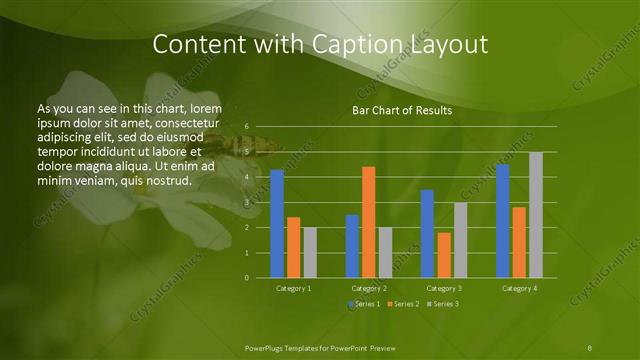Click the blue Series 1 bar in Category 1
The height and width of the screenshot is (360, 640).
pyautogui.click(x=277, y=224)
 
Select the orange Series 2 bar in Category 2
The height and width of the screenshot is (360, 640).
pyautogui.click(x=369, y=222)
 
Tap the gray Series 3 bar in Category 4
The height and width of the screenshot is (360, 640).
pyautogui.click(x=536, y=215)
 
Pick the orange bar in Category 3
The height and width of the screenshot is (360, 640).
pyautogui.click(x=444, y=255)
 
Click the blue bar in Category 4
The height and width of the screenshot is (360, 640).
pyautogui.click(x=502, y=221)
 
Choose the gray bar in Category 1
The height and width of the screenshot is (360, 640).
pyautogui.click(x=310, y=253)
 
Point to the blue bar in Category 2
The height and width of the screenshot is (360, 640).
pyautogui.click(x=352, y=246)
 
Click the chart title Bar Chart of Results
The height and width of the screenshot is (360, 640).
pyautogui.click(x=402, y=110)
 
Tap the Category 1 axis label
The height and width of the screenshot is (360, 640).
pyautogui.click(x=293, y=288)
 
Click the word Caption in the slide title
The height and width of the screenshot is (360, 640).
pyautogui.click(x=369, y=45)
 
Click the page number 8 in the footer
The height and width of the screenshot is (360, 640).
pyautogui.click(x=590, y=347)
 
